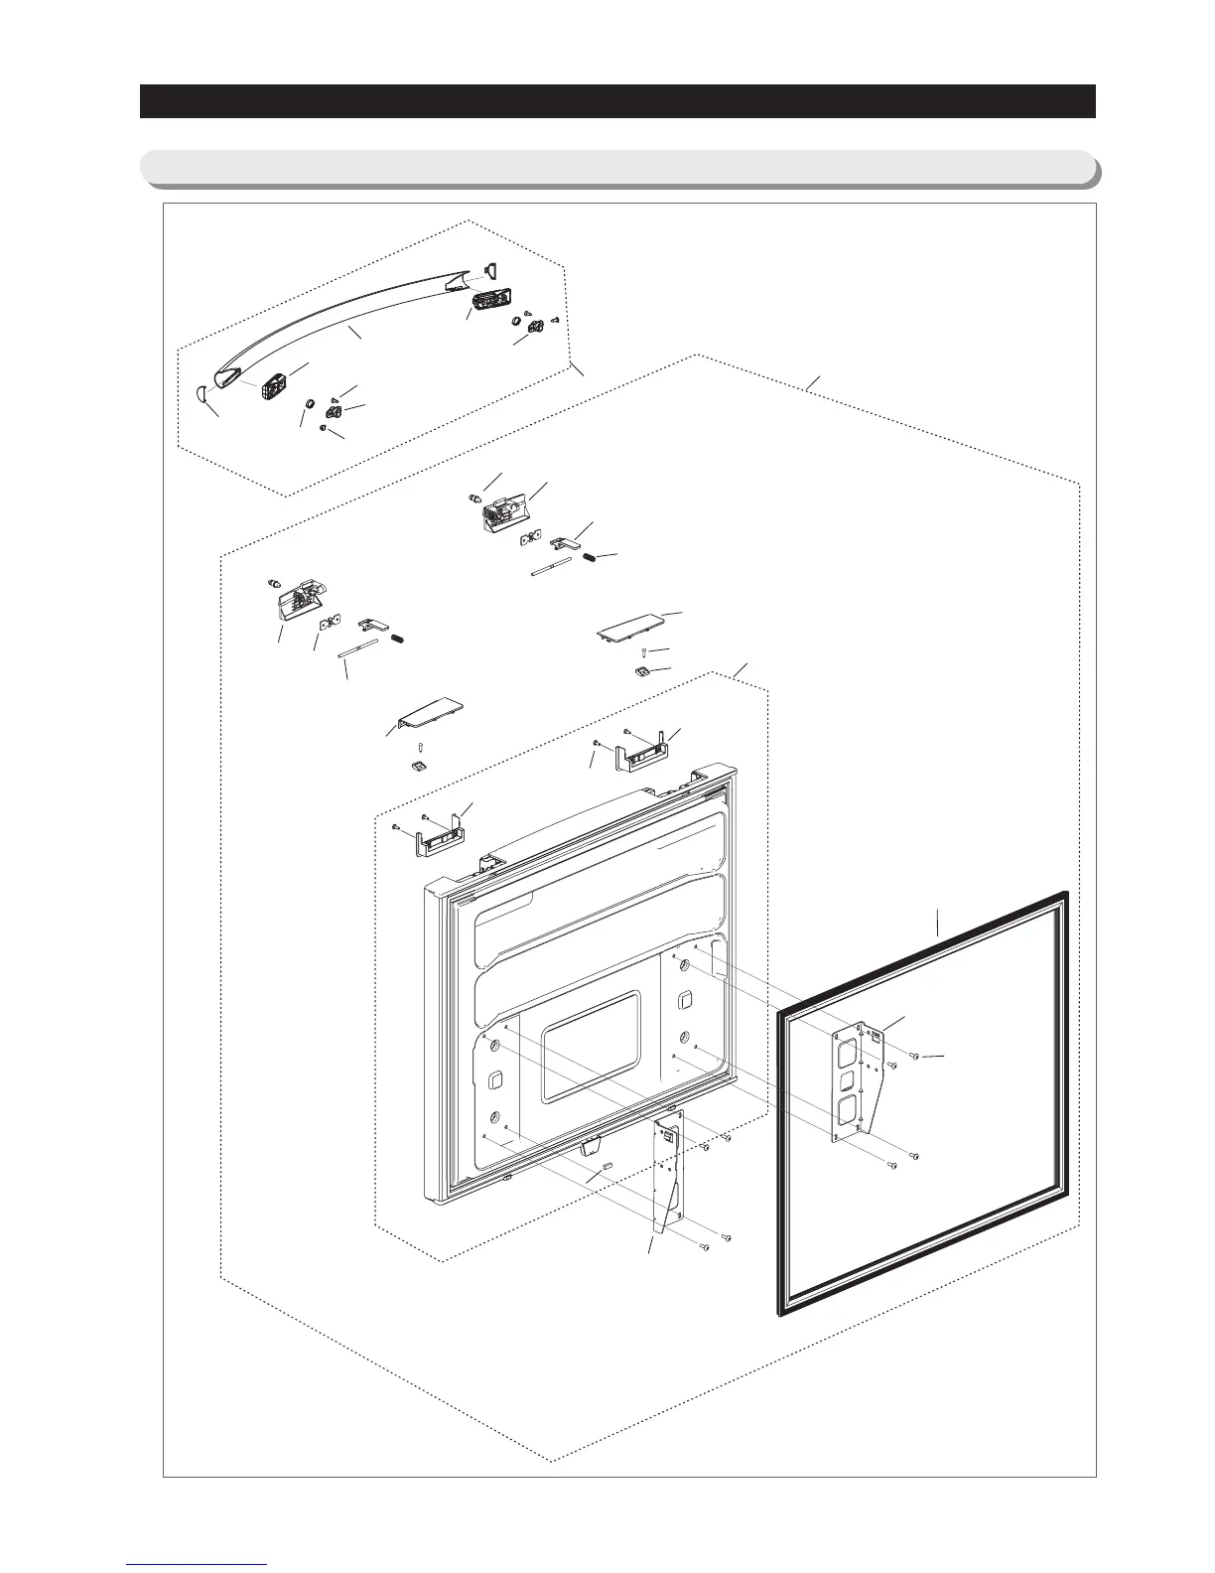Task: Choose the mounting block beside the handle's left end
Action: click(274, 383)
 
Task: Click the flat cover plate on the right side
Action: click(634, 631)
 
